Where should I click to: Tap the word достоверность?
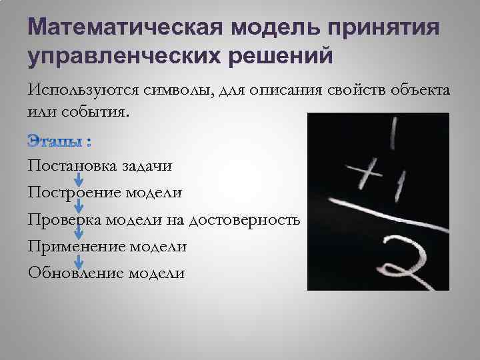point(245,219)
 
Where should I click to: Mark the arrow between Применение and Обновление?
point(78,259)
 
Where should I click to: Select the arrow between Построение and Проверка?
point(78,206)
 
